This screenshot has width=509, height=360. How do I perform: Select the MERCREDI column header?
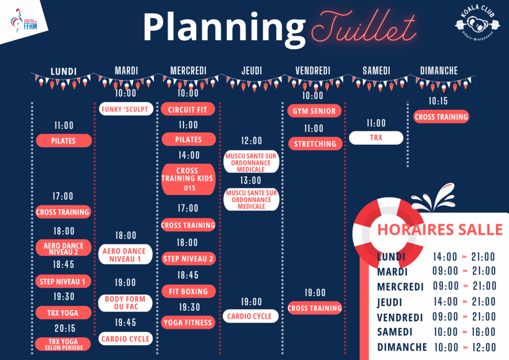click(x=188, y=71)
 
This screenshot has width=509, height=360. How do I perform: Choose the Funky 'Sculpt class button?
click(x=126, y=109)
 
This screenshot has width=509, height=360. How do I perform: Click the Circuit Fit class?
click(x=188, y=109)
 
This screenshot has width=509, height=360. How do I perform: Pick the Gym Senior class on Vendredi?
click(x=314, y=111)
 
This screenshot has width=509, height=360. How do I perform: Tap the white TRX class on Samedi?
click(x=376, y=138)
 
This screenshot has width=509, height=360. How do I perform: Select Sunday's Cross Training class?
click(x=441, y=117)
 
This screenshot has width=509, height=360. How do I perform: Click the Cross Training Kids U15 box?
click(x=188, y=179)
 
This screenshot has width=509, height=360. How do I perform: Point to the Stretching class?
click(x=315, y=144)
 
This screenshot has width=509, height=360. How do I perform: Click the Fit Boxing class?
click(x=188, y=291)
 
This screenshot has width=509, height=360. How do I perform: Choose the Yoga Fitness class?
click(x=188, y=323)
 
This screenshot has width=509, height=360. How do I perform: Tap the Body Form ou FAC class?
click(x=125, y=303)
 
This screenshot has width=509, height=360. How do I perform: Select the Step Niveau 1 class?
click(x=63, y=281)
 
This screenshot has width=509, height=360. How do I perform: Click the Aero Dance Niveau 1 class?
click(x=125, y=255)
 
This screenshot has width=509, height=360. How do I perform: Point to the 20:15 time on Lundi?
click(x=65, y=329)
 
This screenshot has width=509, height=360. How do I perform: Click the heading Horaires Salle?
click(x=440, y=230)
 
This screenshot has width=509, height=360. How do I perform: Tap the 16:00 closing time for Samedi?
click(x=483, y=332)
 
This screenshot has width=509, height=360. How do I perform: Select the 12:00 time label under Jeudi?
click(x=251, y=141)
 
